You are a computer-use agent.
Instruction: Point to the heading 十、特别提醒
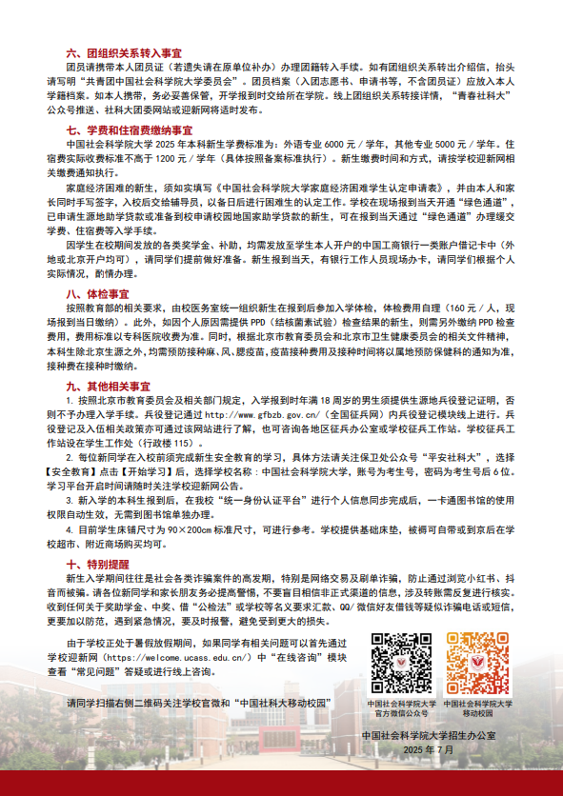click(97, 565)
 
